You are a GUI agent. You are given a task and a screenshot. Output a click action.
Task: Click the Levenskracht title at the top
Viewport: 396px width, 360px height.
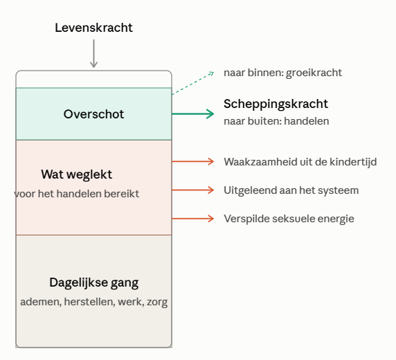(93, 28)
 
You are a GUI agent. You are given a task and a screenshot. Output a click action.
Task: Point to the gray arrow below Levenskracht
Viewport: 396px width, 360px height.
(93, 53)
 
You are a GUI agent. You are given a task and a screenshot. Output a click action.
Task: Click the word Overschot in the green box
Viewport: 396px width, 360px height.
(93, 114)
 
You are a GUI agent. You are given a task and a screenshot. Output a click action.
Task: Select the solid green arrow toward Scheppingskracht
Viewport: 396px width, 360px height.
(193, 114)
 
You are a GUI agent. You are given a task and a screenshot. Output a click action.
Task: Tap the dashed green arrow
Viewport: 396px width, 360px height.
(193, 83)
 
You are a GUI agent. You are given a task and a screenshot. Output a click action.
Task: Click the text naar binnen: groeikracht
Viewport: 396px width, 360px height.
(282, 73)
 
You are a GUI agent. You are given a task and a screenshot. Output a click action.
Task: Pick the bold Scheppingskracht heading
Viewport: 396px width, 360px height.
(276, 104)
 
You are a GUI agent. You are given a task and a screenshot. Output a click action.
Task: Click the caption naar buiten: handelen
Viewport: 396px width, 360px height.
(276, 121)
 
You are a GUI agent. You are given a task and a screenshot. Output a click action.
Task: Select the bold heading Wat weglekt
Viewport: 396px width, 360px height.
(77, 174)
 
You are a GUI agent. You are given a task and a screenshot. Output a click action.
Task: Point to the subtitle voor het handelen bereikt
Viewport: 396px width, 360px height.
(77, 194)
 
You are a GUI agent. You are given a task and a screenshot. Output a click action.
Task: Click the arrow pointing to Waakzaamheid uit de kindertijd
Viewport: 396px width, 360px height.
(193, 161)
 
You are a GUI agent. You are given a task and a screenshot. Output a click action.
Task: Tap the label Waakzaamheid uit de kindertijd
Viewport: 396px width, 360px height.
(300, 162)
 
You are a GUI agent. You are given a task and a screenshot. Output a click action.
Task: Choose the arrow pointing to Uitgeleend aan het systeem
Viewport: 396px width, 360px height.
(193, 190)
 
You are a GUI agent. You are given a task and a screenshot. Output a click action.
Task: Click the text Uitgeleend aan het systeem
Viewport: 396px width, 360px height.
(291, 190)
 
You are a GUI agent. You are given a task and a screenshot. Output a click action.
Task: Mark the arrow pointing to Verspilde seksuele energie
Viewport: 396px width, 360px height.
(193, 219)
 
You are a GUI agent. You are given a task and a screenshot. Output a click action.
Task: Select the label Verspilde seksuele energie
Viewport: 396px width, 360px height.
(289, 219)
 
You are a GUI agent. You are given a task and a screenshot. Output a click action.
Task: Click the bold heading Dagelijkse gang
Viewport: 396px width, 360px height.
(94, 282)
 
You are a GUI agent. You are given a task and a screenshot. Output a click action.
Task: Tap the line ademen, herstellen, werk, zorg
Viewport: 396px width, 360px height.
(94, 302)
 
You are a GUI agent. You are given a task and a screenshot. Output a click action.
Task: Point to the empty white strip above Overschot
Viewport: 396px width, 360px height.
(93, 80)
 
